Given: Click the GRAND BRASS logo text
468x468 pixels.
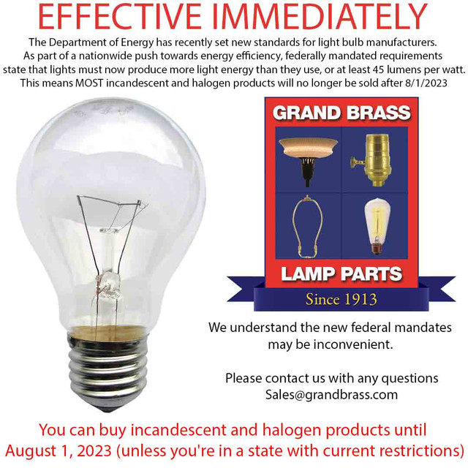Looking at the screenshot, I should (x=341, y=113).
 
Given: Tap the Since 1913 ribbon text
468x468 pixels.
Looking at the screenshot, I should (x=341, y=298).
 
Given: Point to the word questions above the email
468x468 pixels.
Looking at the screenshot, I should (x=410, y=379).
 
